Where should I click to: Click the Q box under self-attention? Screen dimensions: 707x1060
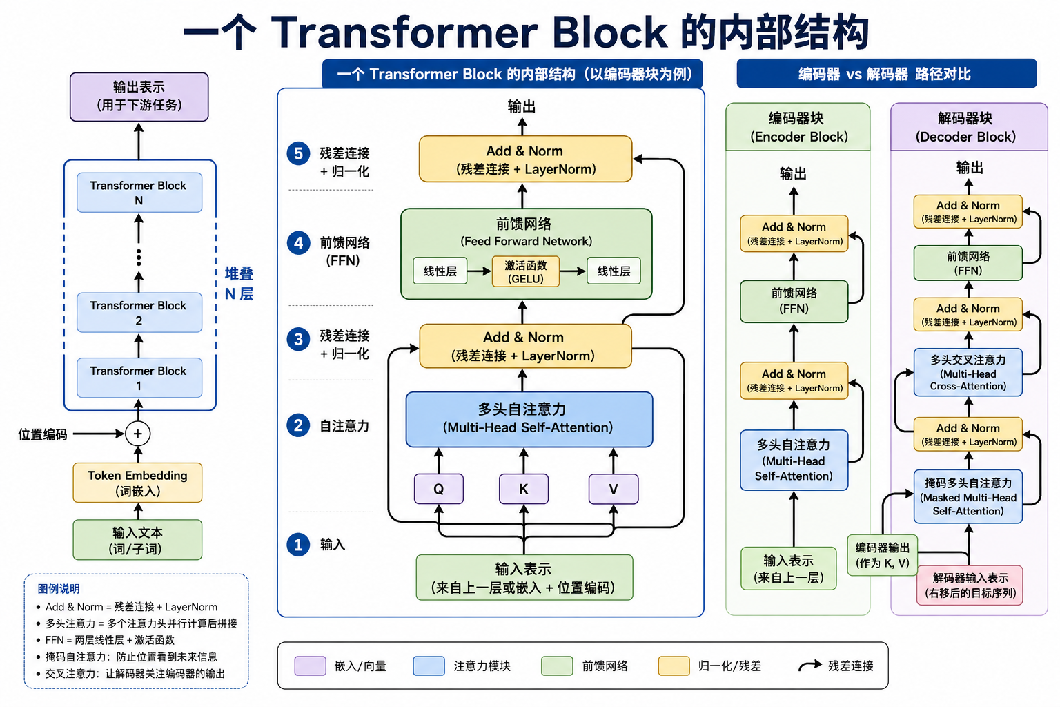point(438,489)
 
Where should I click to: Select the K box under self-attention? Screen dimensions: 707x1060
point(523,489)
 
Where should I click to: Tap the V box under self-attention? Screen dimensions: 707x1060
point(613,489)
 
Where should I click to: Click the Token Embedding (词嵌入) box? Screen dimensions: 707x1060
point(137,483)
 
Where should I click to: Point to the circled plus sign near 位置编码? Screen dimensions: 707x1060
point(138,434)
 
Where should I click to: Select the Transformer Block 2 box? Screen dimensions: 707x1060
point(139,313)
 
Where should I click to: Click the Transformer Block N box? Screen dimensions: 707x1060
point(139,193)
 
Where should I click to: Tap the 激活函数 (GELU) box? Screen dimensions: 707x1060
point(525,271)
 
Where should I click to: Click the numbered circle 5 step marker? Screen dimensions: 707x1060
point(298,153)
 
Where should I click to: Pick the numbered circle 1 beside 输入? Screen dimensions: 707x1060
point(298,544)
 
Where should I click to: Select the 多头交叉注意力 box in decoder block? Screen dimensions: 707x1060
point(968,372)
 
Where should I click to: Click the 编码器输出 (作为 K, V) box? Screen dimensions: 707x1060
point(882,555)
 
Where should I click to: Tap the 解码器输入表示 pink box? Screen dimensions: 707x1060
point(970,585)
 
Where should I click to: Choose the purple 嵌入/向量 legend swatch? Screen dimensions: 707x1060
point(310,666)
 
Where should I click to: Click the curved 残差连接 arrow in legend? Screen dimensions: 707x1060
point(809,666)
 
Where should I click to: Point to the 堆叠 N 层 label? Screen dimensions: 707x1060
point(239,283)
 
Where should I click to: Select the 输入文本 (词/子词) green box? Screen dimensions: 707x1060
point(137,540)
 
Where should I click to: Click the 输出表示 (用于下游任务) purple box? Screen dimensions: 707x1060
point(139,97)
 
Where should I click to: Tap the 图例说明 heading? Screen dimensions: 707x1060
point(59,589)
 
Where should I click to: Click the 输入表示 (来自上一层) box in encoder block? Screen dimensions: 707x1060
point(788,568)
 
